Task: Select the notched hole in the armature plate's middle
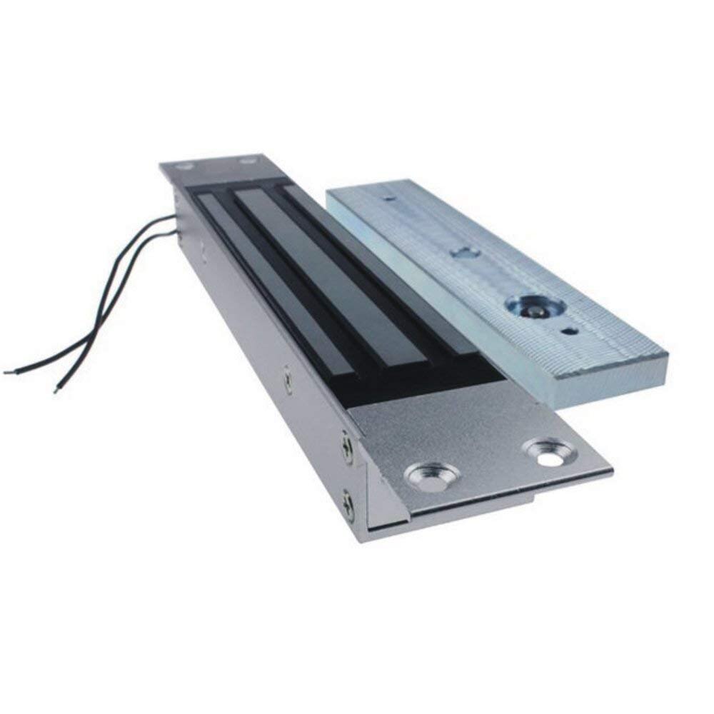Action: (x=465, y=252)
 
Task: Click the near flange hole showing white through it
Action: (x=550, y=453)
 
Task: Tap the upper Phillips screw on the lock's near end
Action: (x=347, y=448)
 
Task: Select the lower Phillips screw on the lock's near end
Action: (x=348, y=506)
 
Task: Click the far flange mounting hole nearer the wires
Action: (x=186, y=167)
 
